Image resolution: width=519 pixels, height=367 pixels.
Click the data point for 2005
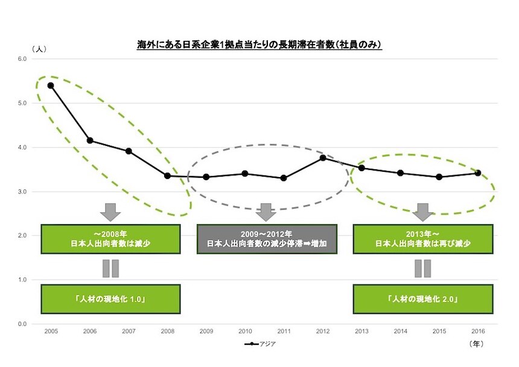point(51,85)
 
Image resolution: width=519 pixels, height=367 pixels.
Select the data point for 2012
point(323,158)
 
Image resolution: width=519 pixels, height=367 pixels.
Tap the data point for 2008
point(167,176)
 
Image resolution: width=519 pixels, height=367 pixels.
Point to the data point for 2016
point(478,173)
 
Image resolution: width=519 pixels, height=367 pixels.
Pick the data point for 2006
point(90,140)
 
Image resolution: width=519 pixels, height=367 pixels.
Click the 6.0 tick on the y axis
point(23,58)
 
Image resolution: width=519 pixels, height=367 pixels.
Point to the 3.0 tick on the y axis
point(23,192)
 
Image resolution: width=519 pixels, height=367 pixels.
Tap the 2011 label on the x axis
point(284,332)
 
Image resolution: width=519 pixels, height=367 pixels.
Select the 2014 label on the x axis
point(400,332)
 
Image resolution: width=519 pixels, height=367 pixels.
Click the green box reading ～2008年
point(110,239)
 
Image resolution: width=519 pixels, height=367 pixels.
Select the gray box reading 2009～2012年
point(267,239)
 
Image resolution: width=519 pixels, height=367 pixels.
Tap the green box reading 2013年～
point(422,239)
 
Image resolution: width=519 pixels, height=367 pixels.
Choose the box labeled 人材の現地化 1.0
point(110,299)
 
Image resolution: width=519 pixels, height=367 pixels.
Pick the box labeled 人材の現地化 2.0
point(422,299)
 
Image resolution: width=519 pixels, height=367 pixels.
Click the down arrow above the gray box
point(266,212)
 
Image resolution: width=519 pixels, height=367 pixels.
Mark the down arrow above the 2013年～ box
point(422,212)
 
